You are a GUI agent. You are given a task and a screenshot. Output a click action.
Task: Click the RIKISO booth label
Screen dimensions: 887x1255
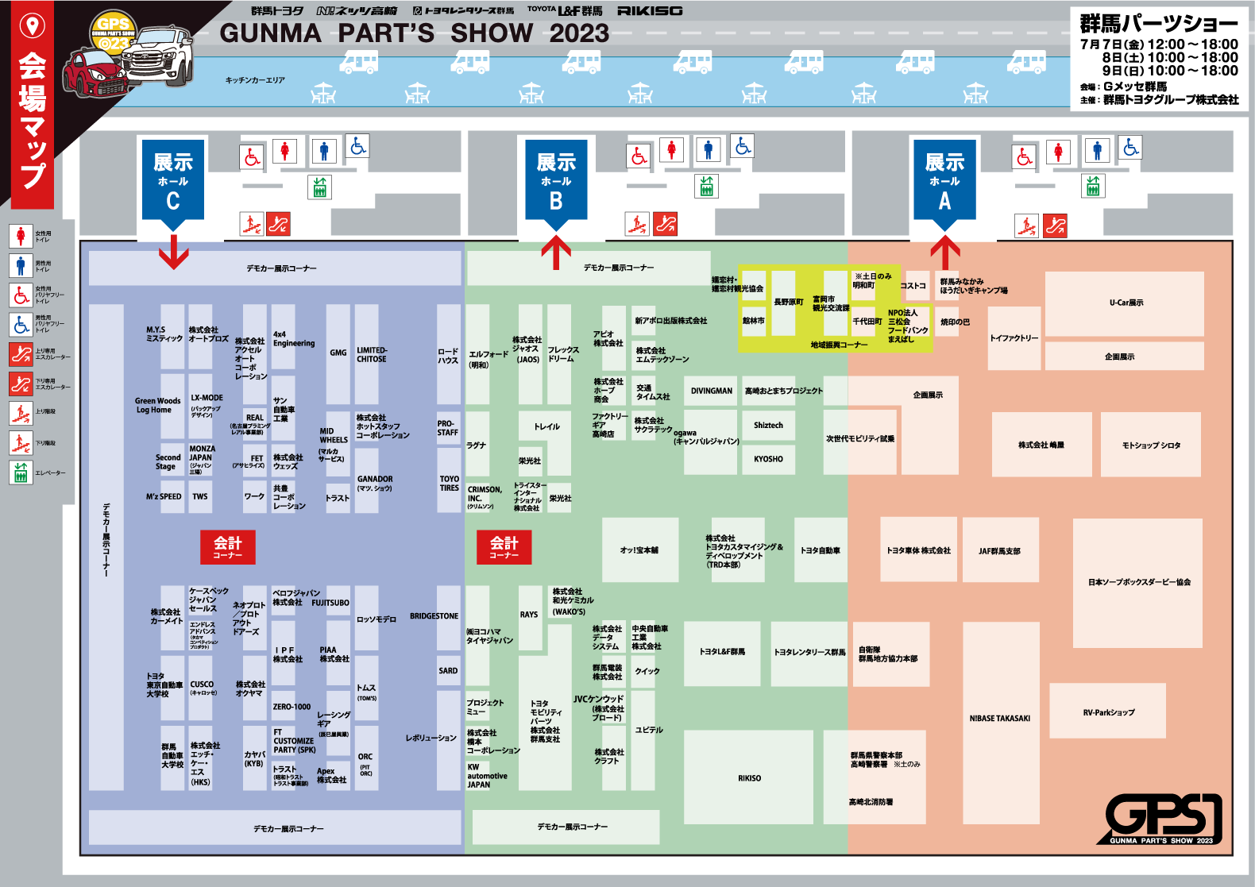(x=749, y=778)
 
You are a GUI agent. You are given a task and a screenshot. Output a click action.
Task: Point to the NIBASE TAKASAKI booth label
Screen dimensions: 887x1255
(x=1000, y=719)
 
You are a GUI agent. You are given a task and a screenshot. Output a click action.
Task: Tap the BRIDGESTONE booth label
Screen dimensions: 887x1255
(x=434, y=616)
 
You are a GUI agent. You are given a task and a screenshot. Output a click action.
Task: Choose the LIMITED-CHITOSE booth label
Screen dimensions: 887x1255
(x=372, y=355)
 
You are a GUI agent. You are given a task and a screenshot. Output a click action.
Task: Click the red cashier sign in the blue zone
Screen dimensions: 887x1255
(x=228, y=546)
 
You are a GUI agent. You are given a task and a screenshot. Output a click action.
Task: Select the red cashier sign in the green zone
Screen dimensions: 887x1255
(x=504, y=546)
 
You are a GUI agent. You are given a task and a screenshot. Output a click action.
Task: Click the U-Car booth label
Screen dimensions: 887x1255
(x=1126, y=303)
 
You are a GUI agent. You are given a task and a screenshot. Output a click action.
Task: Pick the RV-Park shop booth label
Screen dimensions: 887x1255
(x=1109, y=712)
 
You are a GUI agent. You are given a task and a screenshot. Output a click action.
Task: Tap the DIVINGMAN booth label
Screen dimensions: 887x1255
(x=712, y=391)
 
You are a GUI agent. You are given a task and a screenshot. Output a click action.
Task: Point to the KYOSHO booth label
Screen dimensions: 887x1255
(x=768, y=459)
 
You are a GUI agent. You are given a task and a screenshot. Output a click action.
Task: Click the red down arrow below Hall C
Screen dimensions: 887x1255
(x=173, y=253)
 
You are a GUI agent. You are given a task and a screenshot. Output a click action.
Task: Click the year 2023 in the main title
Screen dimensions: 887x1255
(x=579, y=33)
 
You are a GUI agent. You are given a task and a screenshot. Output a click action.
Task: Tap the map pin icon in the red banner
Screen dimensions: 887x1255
(x=33, y=26)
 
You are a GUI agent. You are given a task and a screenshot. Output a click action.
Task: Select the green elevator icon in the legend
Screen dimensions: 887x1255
(x=21, y=472)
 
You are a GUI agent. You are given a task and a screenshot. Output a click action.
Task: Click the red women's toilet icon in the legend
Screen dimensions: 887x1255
(x=21, y=236)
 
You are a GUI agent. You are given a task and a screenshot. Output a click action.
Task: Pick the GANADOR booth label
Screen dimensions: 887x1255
(x=375, y=483)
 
